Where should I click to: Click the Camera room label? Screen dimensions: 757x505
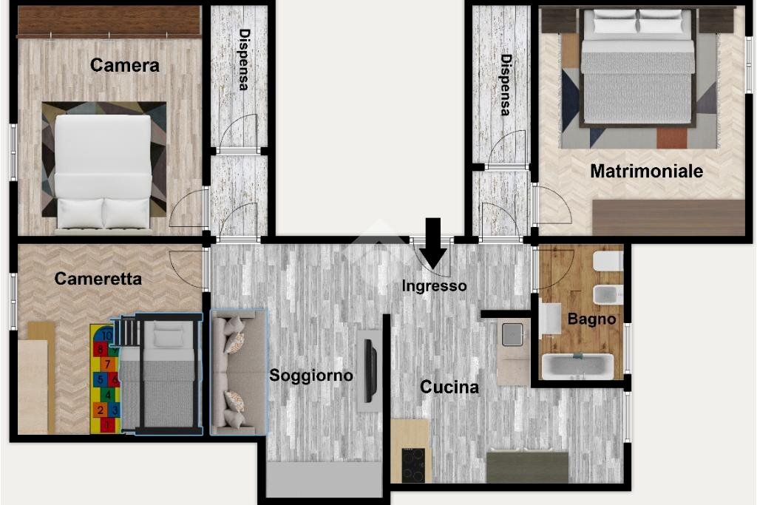124,65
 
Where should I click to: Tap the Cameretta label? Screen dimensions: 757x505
98,279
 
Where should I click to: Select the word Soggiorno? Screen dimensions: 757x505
311,375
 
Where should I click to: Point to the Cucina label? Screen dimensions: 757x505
449,387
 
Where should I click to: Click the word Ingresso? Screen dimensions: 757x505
434,286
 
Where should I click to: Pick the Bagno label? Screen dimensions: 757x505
591,319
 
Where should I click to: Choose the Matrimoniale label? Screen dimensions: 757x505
646,171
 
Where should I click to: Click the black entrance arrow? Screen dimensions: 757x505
433,243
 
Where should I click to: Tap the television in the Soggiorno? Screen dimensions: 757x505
370,370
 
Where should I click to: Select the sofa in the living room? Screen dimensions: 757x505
239,372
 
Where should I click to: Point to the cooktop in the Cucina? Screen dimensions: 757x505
414,465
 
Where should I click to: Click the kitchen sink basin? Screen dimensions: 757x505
513,335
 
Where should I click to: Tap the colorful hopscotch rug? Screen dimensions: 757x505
105,379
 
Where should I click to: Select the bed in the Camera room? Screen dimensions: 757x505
103,172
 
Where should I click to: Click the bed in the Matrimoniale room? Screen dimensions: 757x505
638,67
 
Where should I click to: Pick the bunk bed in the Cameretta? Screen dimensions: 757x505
160,373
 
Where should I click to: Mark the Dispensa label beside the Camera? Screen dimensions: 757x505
244,60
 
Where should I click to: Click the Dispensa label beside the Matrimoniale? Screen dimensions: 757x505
506,85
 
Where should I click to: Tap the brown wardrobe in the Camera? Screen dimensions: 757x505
109,21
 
